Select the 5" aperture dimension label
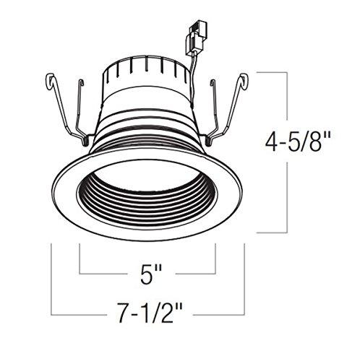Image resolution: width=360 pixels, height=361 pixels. [x=148, y=275]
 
